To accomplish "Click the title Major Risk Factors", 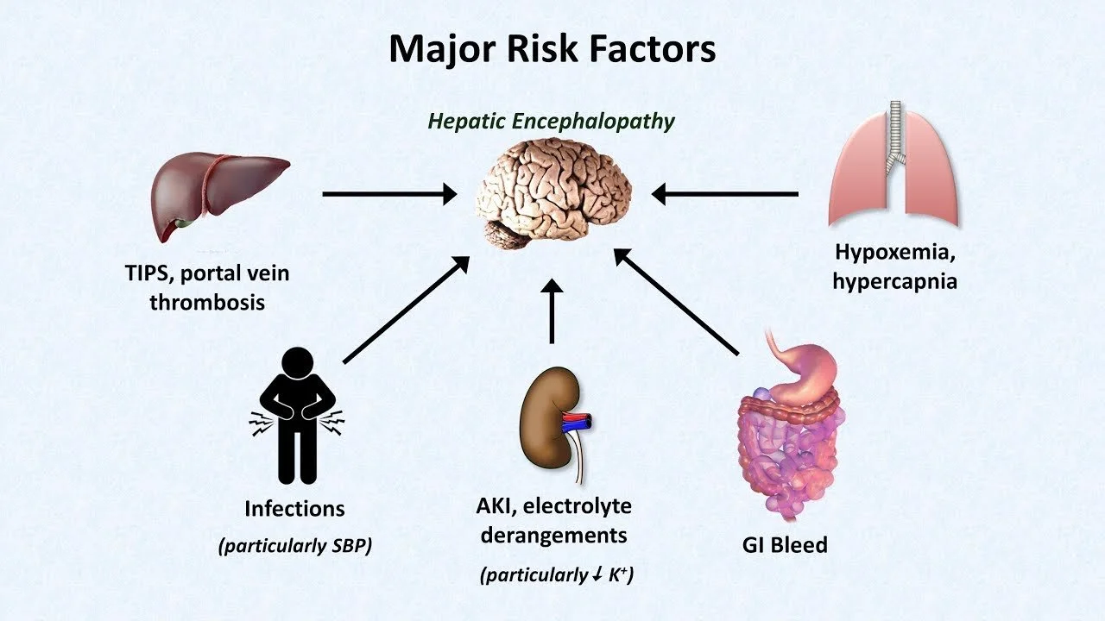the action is coord(552,49).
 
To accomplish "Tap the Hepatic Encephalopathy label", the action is coord(551,122).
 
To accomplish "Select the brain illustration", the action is coord(553,193).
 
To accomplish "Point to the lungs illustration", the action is coord(893,164).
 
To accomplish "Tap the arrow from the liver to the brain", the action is coord(389,194).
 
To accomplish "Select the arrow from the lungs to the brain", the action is coord(724,194).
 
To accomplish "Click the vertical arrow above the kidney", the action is coord(552,311).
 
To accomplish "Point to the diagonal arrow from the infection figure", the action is coord(406,310).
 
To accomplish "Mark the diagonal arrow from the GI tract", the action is coord(676,302).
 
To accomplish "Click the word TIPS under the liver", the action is coord(148,273).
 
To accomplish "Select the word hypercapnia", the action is coord(895,281).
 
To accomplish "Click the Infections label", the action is coord(294,509).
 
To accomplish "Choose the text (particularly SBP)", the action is coord(295,546).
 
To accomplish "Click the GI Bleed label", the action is coord(785,544).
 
